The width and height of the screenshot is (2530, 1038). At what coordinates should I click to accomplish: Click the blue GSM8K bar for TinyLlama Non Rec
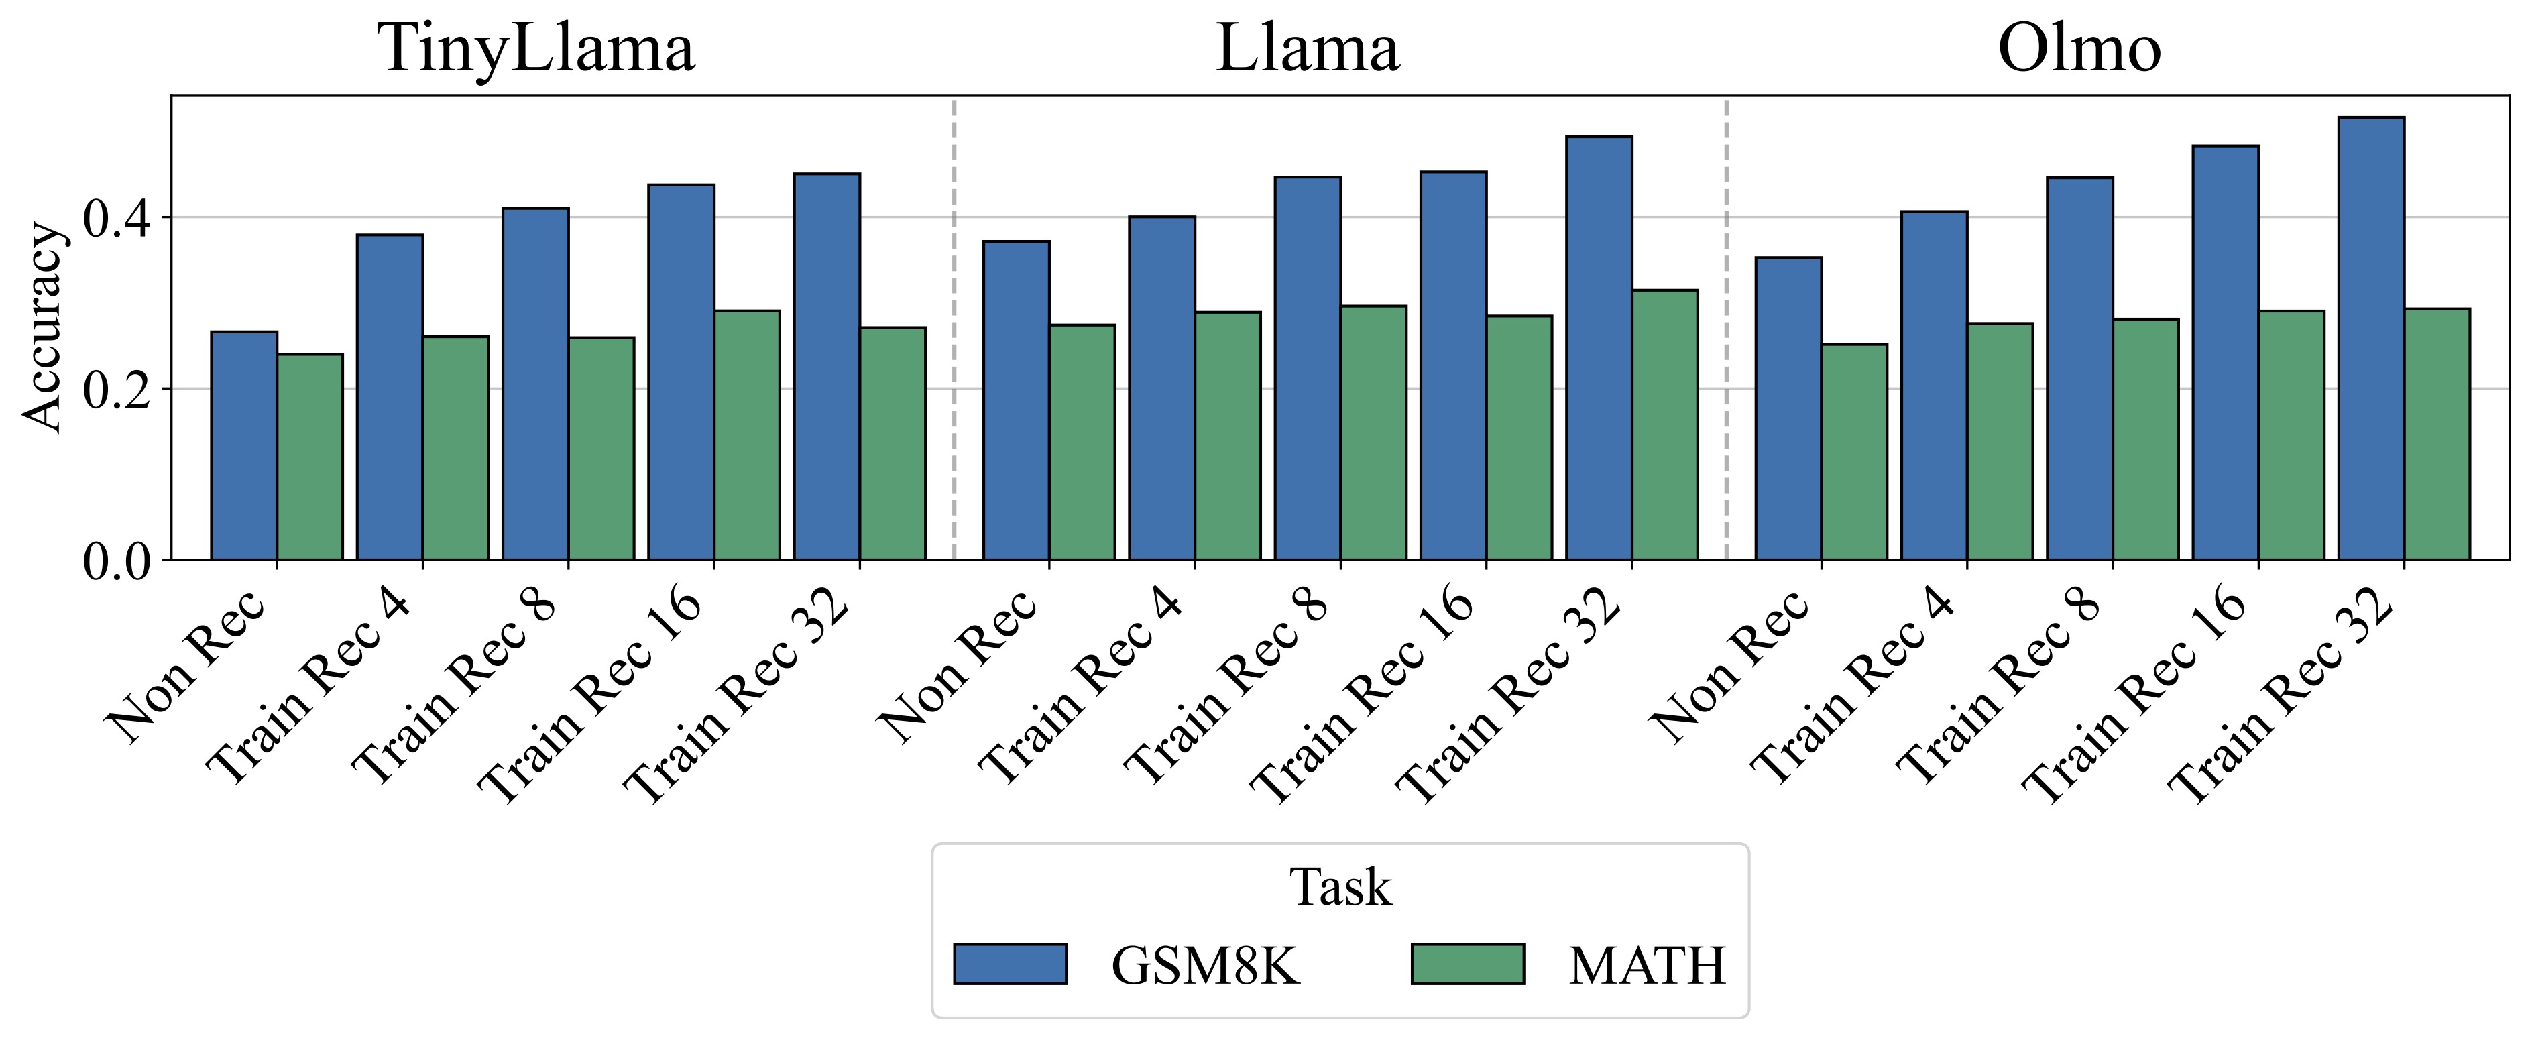[243, 447]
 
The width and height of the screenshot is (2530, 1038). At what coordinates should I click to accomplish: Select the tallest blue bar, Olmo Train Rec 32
[2371, 339]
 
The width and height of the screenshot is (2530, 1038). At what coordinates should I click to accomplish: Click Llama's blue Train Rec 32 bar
[1598, 349]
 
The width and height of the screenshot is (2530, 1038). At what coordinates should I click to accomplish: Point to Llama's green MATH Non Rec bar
[1082, 442]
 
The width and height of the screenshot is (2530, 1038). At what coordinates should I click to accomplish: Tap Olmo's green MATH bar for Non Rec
[1854, 452]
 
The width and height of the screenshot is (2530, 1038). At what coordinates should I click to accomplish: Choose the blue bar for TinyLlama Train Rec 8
[535, 383]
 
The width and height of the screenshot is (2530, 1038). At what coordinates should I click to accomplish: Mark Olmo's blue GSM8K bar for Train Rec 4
[1934, 385]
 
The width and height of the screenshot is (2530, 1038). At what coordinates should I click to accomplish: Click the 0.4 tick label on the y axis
[116, 218]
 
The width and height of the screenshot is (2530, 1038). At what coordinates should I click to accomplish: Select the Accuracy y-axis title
[42, 327]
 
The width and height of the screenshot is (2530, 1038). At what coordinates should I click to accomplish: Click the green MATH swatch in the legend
[1467, 964]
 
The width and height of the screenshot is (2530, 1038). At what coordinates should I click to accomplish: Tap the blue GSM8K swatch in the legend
[1010, 964]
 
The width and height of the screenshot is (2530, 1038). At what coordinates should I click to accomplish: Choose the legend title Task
[1340, 888]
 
